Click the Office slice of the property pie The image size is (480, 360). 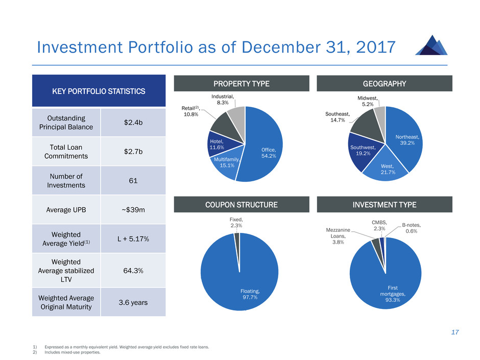(266, 146)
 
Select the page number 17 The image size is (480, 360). (454, 332)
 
